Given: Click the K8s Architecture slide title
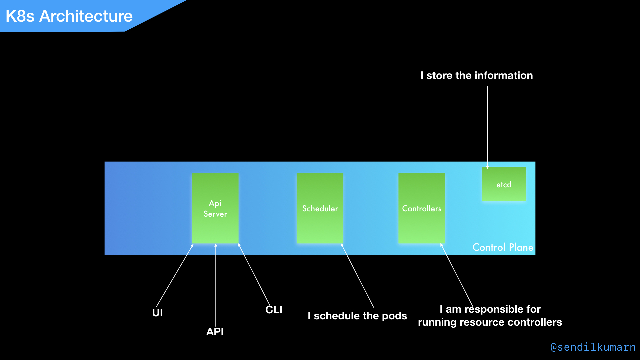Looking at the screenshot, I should pos(69,16).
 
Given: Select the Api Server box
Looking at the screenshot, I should pos(215,208).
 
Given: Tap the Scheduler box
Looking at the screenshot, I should pos(320,208).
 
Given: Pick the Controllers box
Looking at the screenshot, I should pos(422,208).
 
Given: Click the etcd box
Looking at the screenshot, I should pos(504,184).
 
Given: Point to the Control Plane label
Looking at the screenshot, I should pos(503,247).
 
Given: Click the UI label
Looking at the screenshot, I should pos(157,313).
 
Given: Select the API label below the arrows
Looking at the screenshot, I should pos(215,332).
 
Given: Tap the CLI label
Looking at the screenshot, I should pos(274,310).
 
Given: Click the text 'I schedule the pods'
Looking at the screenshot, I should pos(357,316).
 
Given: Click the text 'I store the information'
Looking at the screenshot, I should pos(476,75).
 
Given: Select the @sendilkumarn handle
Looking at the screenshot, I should pos(593,347).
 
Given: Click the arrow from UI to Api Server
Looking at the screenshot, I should pos(175,275).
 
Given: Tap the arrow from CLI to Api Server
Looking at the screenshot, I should pos(254,273).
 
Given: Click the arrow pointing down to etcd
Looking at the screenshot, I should pos(487,127).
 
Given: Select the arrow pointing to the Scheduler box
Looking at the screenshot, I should pos(357,275).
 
